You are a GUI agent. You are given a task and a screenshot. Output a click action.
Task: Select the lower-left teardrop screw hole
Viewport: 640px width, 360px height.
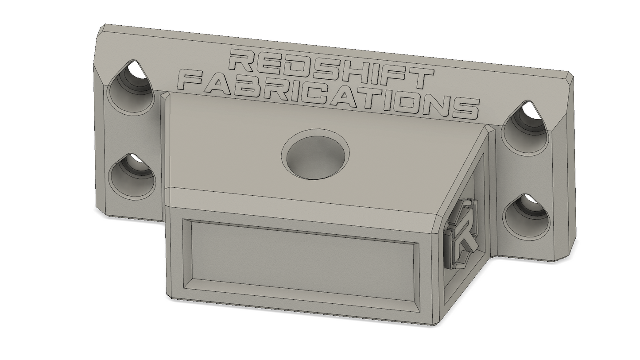(132, 175)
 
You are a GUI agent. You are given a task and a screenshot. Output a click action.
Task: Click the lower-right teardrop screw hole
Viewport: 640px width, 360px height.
(526, 217)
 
